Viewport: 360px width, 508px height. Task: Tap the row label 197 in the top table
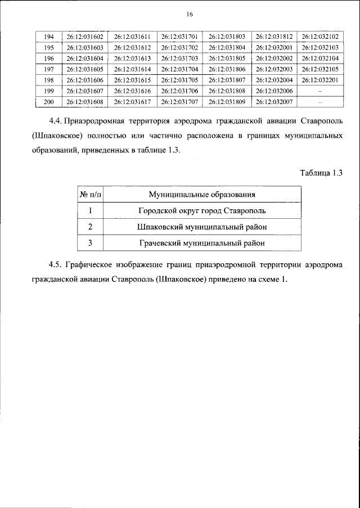coord(48,69)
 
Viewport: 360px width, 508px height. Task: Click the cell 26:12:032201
coord(319,79)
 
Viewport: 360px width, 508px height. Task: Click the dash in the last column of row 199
coord(319,90)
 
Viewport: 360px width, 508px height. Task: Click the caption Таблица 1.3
coord(321,173)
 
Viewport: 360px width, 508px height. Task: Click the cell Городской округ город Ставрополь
coord(202,211)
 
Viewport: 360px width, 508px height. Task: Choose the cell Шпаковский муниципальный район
coord(202,227)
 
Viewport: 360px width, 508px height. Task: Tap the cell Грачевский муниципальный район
coord(202,243)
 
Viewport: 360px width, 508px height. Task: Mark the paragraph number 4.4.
coord(55,122)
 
